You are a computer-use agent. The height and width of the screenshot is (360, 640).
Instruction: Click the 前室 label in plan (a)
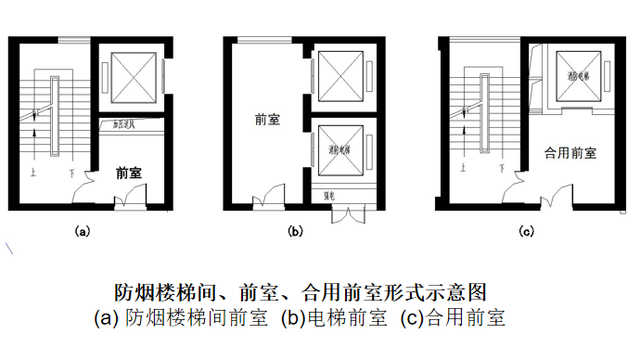[x=127, y=172]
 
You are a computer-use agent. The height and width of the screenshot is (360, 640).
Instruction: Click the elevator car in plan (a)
[x=132, y=77]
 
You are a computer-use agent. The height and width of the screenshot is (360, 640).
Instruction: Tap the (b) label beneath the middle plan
[x=295, y=231]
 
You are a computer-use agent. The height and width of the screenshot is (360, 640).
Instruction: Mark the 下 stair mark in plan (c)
[x=496, y=172]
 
